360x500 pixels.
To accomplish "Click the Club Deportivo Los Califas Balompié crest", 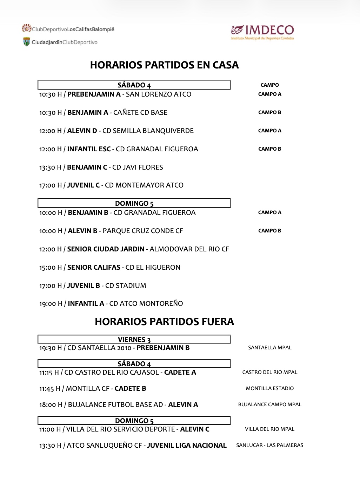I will coord(27,28).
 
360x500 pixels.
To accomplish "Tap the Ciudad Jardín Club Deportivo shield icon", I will coord(27,42).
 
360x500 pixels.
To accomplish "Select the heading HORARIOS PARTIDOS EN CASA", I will coord(164,65).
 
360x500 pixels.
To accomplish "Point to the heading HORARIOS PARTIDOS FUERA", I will coord(164,322).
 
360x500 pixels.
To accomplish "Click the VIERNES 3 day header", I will coord(134,340).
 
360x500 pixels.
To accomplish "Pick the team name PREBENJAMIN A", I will coord(94,94).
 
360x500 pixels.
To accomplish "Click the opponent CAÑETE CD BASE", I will coord(140,112).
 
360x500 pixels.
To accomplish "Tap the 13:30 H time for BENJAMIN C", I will coord(50,167).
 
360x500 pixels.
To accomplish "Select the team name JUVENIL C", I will coord(83,185).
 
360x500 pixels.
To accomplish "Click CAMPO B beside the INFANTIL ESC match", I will coord(269,149).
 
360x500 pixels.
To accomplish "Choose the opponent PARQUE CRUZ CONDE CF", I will coord(143,231).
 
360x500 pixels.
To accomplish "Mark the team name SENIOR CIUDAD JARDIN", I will coord(106,249).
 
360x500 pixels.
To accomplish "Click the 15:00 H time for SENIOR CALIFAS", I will coord(51,267).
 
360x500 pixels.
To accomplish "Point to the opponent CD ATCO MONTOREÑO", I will coord(146,303).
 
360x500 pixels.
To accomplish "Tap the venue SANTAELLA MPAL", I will coord(269,348).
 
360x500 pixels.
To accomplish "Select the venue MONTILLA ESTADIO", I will coord(269,388).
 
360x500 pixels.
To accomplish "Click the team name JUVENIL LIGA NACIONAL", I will coord(187,445).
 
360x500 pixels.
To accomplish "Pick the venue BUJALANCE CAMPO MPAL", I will coord(269,404).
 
